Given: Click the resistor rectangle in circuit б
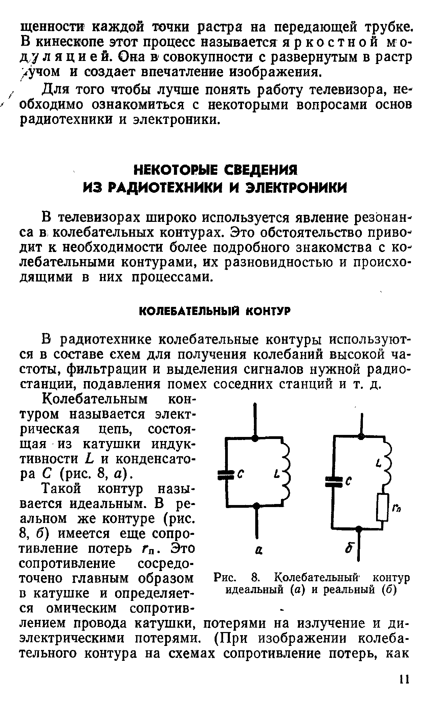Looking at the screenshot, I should coord(382,506).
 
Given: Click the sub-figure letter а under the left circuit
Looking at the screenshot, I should coord(257,551).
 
